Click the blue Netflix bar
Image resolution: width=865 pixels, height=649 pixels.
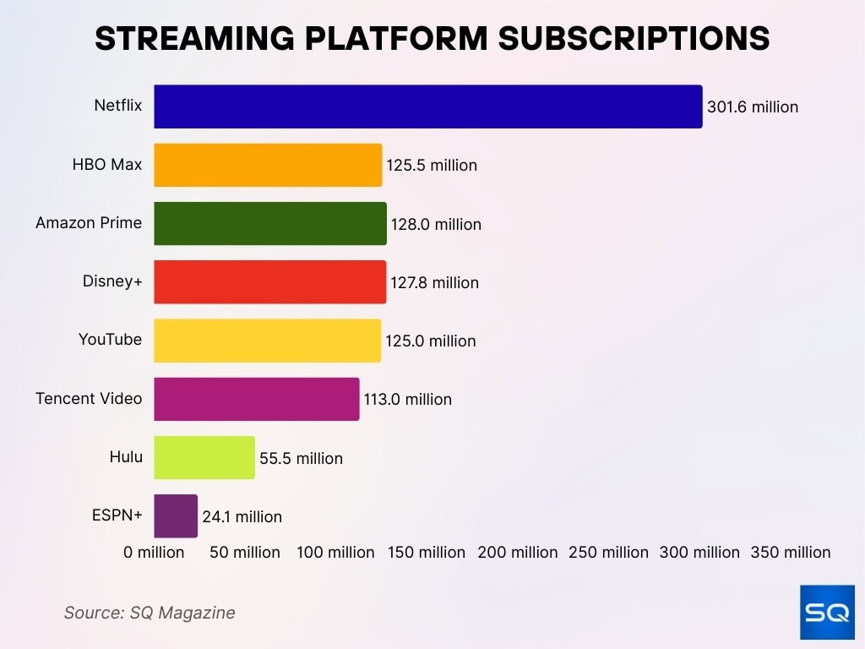pyautogui.click(x=427, y=106)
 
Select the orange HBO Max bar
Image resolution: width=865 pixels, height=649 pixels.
pyautogui.click(x=268, y=165)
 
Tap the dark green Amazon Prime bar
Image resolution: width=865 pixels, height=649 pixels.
pyautogui.click(x=269, y=224)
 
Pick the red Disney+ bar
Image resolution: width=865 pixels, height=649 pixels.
pyautogui.click(x=269, y=282)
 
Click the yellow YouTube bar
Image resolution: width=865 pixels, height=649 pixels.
pyautogui.click(x=267, y=341)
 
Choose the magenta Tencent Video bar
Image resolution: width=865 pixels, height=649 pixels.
pyautogui.click(x=256, y=399)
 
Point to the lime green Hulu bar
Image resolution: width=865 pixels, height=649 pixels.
pyautogui.click(x=204, y=457)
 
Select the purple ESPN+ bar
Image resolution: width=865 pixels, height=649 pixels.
pyautogui.click(x=175, y=515)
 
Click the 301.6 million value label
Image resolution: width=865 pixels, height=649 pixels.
pyautogui.click(x=753, y=107)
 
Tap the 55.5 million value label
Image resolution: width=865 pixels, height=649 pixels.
pyautogui.click(x=301, y=459)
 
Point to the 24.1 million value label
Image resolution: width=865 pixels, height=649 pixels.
pyautogui.click(x=242, y=516)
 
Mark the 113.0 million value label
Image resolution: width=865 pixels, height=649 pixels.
pyautogui.click(x=407, y=400)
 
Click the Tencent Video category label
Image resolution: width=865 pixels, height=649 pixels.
pyautogui.click(x=89, y=398)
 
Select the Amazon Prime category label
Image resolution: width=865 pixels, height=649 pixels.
pyautogui.click(x=89, y=223)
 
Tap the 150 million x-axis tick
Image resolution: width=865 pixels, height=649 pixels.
pyautogui.click(x=427, y=553)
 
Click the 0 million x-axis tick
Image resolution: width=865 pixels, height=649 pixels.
pyautogui.click(x=154, y=553)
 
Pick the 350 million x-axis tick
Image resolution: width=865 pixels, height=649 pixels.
pyautogui.click(x=791, y=553)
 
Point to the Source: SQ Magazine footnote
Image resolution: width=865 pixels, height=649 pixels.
pyautogui.click(x=150, y=613)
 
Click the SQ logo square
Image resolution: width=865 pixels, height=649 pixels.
pyautogui.click(x=827, y=612)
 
